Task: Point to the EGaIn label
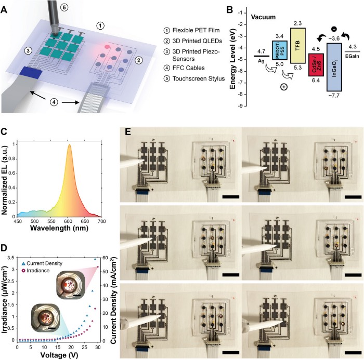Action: pyautogui.click(x=353, y=58)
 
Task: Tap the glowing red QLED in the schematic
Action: pyautogui.click(x=107, y=46)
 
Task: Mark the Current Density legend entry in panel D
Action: pyautogui.click(x=44, y=258)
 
